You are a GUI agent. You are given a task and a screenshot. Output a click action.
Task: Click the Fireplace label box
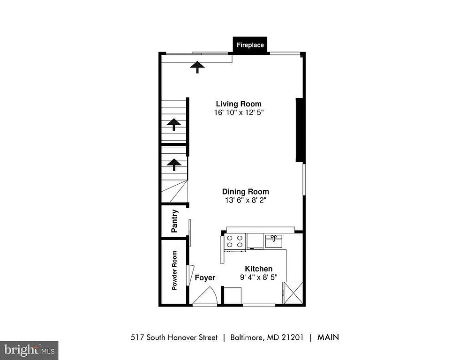(x=250, y=45)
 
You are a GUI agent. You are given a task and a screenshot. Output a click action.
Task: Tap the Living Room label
(x=239, y=104)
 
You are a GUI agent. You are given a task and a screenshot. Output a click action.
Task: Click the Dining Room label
(x=245, y=192)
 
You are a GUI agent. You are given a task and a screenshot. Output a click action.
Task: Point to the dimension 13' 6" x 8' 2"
(x=245, y=200)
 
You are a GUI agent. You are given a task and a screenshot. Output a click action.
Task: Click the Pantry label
(x=174, y=221)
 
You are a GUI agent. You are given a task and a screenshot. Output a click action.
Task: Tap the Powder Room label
(x=174, y=270)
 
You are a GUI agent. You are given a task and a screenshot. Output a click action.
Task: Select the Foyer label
(x=205, y=278)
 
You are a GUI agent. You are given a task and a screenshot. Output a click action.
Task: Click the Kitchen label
(x=258, y=269)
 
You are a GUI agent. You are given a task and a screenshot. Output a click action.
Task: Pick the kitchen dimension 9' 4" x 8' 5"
(x=258, y=277)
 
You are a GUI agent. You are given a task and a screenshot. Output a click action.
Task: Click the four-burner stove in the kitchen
(x=235, y=241)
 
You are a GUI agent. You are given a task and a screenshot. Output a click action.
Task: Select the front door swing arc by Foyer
(x=204, y=296)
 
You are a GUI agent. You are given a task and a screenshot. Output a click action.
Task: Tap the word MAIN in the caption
(x=328, y=337)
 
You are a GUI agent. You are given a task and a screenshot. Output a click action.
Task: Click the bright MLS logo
(x=29, y=350)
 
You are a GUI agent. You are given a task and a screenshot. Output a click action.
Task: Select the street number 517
(x=136, y=337)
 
